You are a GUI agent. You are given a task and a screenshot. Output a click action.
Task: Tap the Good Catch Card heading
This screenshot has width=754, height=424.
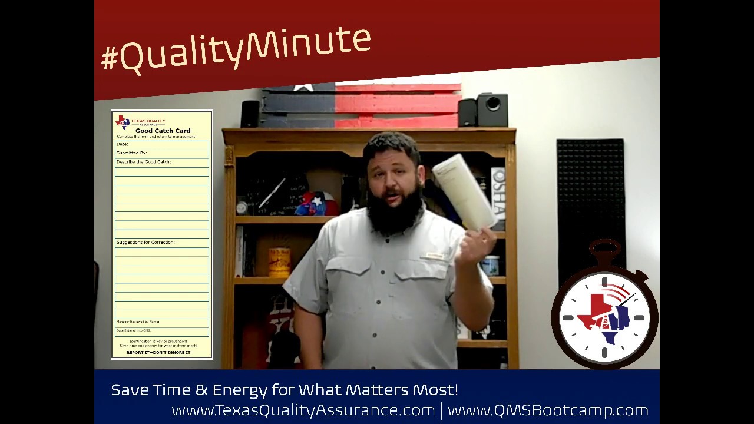click(x=163, y=131)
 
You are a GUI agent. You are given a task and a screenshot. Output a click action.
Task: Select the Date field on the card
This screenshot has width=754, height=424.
click(x=123, y=144)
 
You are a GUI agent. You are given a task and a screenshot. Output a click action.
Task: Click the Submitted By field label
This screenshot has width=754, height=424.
click(x=132, y=153)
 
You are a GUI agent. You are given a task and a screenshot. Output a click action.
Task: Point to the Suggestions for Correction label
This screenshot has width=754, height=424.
click(x=145, y=243)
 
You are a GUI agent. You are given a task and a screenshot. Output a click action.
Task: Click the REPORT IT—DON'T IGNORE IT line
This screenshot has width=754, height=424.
click(x=158, y=353)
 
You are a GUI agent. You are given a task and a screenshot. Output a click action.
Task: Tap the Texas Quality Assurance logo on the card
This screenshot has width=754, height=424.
click(x=122, y=122)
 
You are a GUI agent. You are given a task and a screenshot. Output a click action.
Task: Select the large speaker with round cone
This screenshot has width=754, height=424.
click(x=492, y=110)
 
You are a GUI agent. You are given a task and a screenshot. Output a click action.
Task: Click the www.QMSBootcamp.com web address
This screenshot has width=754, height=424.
click(x=548, y=410)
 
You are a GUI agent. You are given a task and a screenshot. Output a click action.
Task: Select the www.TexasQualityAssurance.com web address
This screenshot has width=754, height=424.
click(x=303, y=410)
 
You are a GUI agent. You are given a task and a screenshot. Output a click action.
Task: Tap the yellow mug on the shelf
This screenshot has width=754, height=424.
click(x=279, y=261)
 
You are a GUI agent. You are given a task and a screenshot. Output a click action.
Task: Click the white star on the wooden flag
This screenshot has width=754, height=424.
click(x=303, y=88)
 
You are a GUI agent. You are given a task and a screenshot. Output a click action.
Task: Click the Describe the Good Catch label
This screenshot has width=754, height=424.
click(x=144, y=162)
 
